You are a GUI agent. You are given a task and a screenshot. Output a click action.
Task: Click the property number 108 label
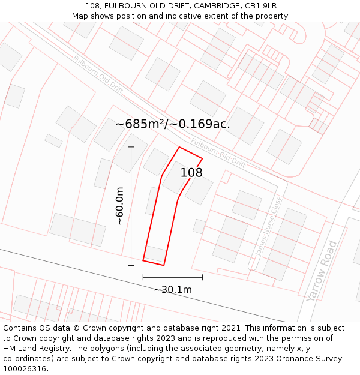(191, 173)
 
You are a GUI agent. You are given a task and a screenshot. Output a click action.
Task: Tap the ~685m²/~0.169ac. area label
(173, 124)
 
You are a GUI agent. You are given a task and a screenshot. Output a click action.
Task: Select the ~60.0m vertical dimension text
(120, 206)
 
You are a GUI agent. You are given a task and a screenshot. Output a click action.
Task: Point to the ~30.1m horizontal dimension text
(173, 290)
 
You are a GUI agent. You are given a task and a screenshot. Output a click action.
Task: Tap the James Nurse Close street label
(269, 226)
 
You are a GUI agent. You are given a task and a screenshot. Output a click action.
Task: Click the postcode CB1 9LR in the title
(260, 6)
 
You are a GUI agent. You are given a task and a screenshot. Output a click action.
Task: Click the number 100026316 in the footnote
(24, 369)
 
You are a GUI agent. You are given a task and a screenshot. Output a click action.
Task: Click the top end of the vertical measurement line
(131, 146)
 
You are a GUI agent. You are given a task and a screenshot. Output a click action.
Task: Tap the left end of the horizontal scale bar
(143, 277)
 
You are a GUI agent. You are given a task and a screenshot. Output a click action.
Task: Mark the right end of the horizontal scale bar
(202, 277)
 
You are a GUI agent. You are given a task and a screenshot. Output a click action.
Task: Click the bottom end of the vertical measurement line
(131, 265)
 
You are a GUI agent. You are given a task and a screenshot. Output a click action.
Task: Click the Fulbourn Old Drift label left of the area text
(98, 74)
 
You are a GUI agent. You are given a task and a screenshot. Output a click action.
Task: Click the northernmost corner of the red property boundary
(179, 146)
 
